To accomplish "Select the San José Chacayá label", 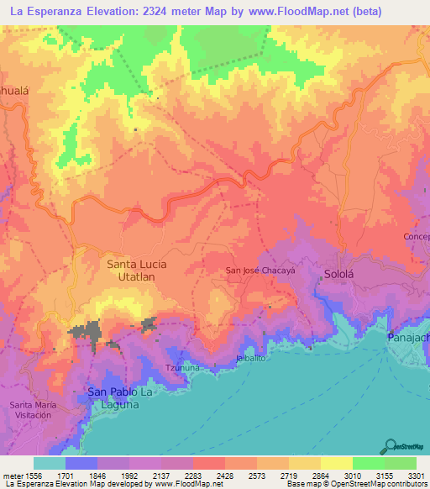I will [263, 271].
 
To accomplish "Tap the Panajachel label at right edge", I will [408, 337].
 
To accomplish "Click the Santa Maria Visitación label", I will [35, 411].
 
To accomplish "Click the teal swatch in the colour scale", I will [49, 463].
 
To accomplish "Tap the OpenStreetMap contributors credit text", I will [371, 484].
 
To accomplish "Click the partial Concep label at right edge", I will [417, 236].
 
